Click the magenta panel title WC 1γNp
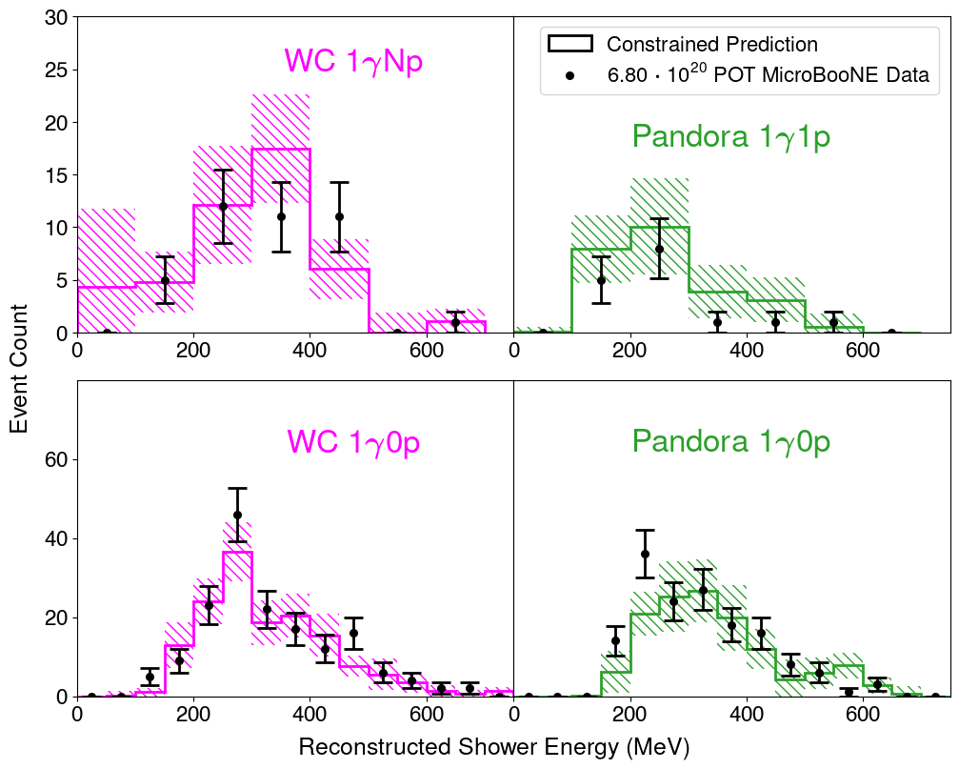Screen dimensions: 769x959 [x=353, y=61]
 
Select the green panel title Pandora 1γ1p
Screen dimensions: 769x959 [x=730, y=137]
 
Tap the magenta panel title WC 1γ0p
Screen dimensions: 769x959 [x=353, y=442]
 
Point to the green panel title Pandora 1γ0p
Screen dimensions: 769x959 [x=730, y=442]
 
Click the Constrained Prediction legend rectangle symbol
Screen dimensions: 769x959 [x=569, y=44]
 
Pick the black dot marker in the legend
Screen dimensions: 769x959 [x=569, y=76]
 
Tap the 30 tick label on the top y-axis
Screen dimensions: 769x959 [x=55, y=18]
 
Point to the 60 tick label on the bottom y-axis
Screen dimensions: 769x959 [x=55, y=460]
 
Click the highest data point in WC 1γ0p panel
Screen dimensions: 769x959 [x=237, y=515]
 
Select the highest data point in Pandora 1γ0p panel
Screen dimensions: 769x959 [x=645, y=554]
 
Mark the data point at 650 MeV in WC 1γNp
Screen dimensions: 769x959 [x=455, y=322]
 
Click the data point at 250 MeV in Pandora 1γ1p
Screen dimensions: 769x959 [x=659, y=249]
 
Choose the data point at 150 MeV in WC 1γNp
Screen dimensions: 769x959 [x=165, y=280]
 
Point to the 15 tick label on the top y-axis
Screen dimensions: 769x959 [x=55, y=175]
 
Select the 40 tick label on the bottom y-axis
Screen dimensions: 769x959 [x=55, y=539]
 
